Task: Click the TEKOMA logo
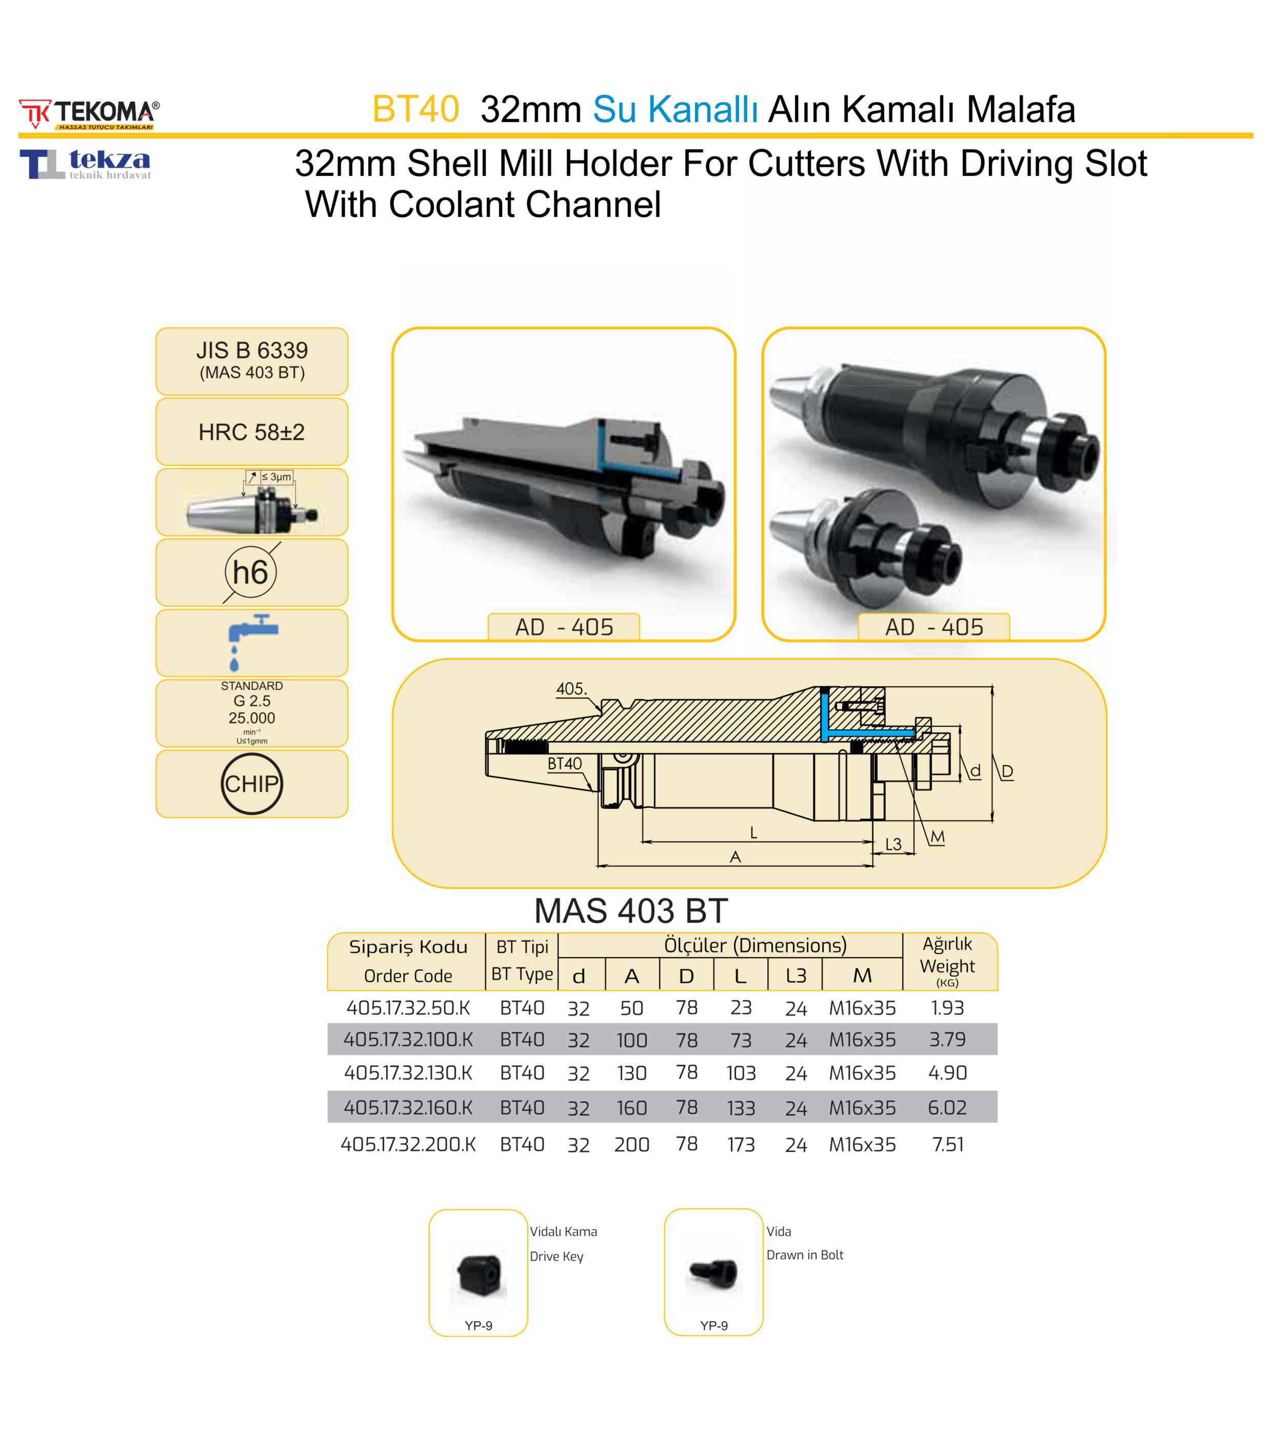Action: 89,113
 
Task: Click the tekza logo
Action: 86,164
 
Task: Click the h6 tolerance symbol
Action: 251,572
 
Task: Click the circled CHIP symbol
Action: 251,783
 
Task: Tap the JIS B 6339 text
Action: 251,350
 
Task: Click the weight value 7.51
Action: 947,1144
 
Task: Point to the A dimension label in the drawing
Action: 735,857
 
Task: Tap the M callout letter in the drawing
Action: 937,837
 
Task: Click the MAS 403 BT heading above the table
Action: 630,911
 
